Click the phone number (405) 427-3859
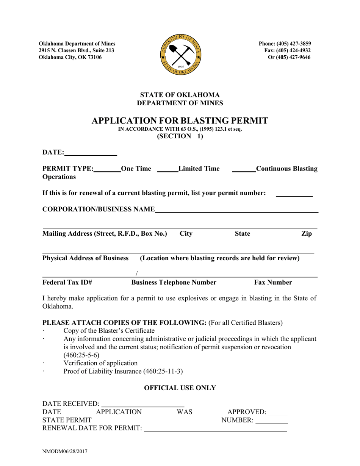pos(285,44)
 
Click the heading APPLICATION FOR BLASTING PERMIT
pos(180,121)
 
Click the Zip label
pos(306,234)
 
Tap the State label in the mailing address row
pos(243,234)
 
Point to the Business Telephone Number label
pos(174,282)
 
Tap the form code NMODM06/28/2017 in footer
pos(66,452)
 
